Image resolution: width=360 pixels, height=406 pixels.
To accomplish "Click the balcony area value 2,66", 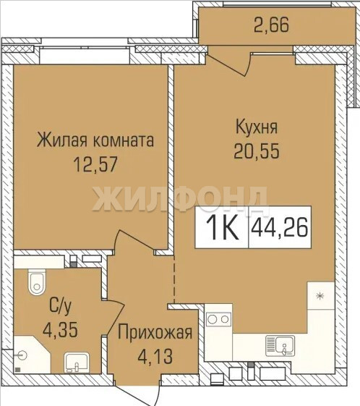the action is click(271, 25).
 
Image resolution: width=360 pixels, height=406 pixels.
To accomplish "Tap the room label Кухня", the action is click(257, 127).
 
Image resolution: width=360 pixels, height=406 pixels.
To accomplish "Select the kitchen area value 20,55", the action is click(257, 151).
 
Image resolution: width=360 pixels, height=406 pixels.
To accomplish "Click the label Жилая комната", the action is click(95, 140).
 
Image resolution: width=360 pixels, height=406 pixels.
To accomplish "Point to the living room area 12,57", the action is click(95, 164).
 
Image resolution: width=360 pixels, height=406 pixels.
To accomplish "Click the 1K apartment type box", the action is click(222, 227).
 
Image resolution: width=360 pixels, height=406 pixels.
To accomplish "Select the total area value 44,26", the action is click(280, 227).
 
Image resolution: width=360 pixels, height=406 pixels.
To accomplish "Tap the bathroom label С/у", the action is click(60, 308).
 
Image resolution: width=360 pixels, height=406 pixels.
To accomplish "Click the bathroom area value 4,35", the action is click(60, 329).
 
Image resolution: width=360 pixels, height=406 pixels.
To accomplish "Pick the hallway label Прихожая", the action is click(155, 333).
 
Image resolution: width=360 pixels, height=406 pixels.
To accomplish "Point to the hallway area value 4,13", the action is click(155, 356).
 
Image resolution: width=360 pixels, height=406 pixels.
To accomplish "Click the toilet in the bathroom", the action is click(37, 282).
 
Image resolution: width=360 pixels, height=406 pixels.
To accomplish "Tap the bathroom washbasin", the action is click(77, 363).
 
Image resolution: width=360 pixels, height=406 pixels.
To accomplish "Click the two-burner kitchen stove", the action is click(218, 319).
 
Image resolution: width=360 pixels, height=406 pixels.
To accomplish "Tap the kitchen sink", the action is click(280, 346).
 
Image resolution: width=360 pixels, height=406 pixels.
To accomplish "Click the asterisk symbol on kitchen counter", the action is click(320, 296).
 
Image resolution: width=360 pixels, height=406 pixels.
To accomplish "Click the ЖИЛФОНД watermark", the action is click(180, 199).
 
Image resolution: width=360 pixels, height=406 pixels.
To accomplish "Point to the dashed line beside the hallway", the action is click(174, 279).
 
